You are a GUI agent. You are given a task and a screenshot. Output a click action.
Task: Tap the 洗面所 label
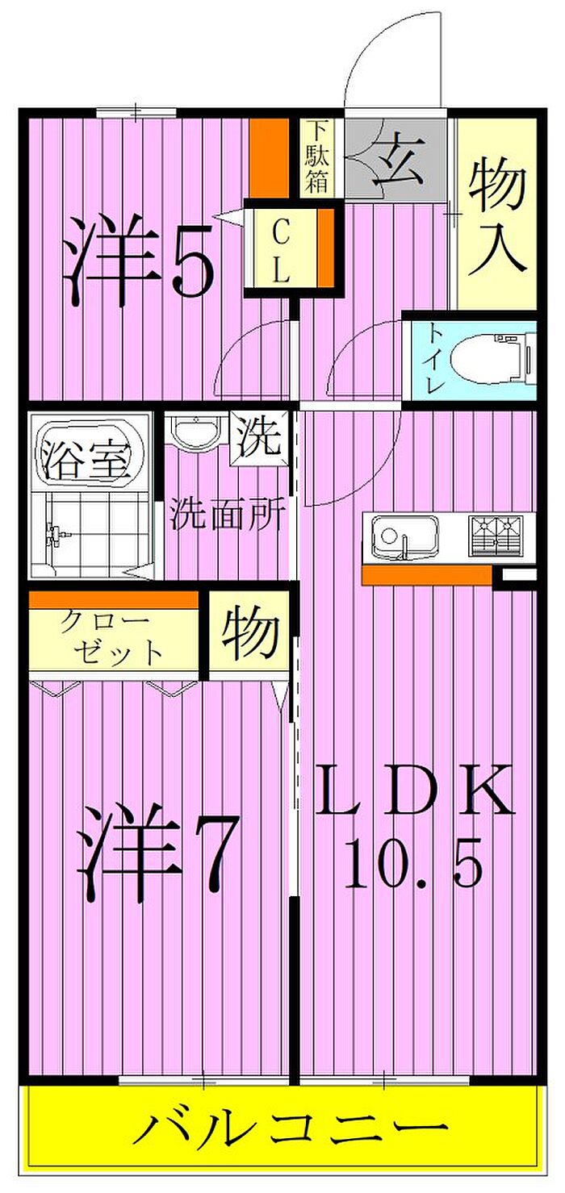pyautogui.click(x=227, y=515)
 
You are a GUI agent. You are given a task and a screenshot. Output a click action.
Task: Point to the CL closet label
pyautogui.click(x=280, y=250)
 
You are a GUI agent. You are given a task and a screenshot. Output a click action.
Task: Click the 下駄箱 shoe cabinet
pyautogui.click(x=317, y=156)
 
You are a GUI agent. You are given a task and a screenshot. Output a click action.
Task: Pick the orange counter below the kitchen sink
pyautogui.click(x=427, y=574)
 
